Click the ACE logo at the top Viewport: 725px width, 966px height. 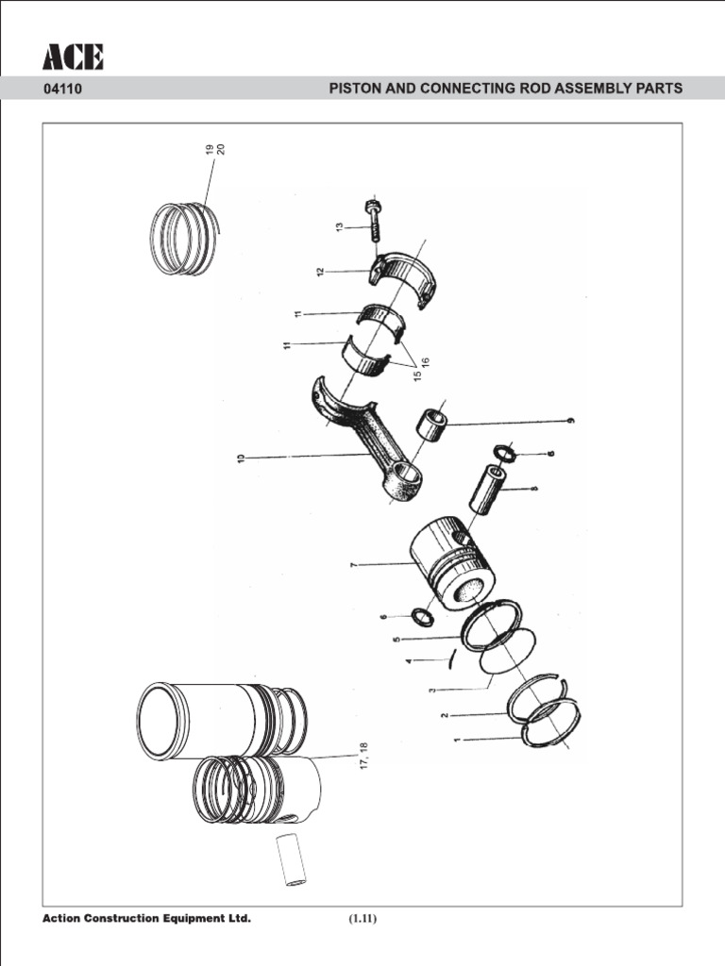coord(73,58)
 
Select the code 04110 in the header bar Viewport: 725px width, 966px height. coord(62,90)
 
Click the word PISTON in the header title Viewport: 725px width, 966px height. coord(355,90)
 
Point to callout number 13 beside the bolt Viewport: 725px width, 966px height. coord(338,227)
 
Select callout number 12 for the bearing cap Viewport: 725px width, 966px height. coord(321,272)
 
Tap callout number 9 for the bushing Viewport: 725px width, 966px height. coord(570,421)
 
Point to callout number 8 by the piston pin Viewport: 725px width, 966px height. coord(534,489)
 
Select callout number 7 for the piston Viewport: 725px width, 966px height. coord(353,564)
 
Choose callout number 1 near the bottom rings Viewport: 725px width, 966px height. coord(457,741)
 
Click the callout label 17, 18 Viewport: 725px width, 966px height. coord(362,757)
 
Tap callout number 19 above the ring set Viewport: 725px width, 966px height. coord(209,149)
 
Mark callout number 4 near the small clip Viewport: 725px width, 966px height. coord(408,661)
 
